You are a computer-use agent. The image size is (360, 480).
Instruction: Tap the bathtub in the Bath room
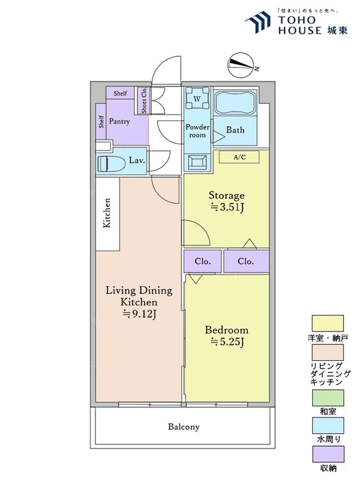235,102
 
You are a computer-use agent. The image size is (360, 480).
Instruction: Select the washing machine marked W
198,99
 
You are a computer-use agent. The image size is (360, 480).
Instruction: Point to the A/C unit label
240,157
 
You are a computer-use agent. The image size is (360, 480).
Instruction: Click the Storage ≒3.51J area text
226,201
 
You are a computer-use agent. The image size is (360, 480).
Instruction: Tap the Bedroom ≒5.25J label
226,335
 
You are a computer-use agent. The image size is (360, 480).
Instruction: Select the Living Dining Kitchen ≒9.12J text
139,302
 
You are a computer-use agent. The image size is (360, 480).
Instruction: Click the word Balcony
184,426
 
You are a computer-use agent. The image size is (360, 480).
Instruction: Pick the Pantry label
120,121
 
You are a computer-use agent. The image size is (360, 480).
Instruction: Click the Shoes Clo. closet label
144,100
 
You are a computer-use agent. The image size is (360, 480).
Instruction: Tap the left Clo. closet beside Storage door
203,261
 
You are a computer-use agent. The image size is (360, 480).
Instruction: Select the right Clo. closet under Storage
246,261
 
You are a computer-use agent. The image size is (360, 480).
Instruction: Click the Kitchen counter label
107,213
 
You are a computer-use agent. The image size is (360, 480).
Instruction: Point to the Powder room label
198,131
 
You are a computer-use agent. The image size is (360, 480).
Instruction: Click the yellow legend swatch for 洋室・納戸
327,323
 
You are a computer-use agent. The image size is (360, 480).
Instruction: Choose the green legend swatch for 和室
327,397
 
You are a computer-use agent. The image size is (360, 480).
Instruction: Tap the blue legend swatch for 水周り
327,426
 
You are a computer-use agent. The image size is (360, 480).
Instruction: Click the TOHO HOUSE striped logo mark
258,21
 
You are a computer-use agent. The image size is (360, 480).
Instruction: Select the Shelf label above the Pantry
120,93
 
